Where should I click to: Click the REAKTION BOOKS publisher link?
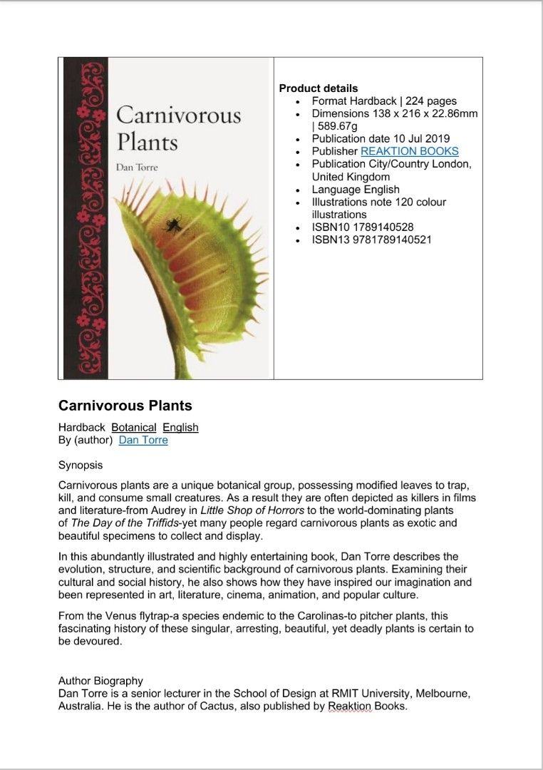pyautogui.click(x=410, y=151)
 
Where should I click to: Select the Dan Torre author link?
pyautogui.click(x=143, y=440)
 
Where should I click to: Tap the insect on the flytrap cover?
pyautogui.click(x=172, y=226)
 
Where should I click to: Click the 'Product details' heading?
pyautogui.click(x=319, y=88)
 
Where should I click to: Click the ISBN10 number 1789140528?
pyautogui.click(x=385, y=227)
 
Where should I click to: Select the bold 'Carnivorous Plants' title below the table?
pyautogui.click(x=125, y=406)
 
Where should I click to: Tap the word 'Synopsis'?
pyautogui.click(x=81, y=466)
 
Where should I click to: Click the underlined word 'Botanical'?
pyautogui.click(x=134, y=427)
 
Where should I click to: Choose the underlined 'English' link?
pyautogui.click(x=180, y=427)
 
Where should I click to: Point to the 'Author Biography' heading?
pyautogui.click(x=100, y=681)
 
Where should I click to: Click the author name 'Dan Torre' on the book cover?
pyautogui.click(x=137, y=167)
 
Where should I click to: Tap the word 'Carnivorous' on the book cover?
pyautogui.click(x=178, y=115)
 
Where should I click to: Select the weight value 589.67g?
pyautogui.click(x=341, y=126)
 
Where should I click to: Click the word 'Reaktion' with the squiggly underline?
pyautogui.click(x=350, y=707)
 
